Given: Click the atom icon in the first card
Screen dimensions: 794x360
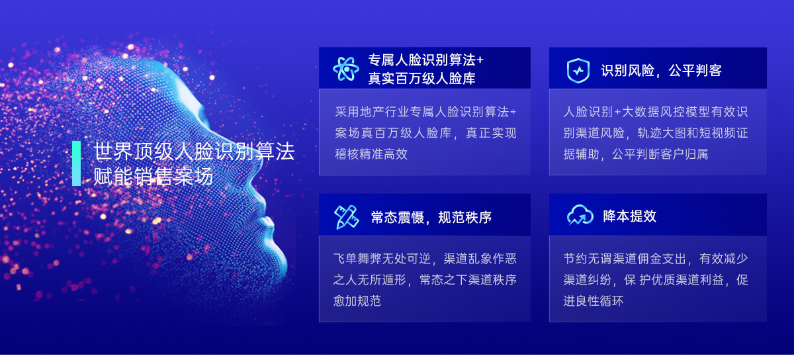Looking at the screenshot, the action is (x=346, y=69).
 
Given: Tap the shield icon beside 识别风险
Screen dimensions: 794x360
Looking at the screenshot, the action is (x=578, y=70).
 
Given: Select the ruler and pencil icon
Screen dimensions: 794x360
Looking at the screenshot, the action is (x=346, y=216).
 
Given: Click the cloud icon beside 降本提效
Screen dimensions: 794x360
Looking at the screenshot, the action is (x=580, y=215).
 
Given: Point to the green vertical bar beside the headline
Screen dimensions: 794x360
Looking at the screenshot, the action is (x=76, y=163).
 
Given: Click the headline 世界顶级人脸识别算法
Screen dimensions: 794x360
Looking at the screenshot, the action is (x=194, y=152).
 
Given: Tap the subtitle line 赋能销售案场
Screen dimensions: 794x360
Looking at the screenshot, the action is (x=153, y=176).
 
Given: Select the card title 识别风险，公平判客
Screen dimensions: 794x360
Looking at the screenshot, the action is (x=662, y=71).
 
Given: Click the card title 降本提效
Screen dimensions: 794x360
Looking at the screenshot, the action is (x=630, y=216).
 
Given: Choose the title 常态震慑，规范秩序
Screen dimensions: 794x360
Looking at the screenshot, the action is (x=431, y=218).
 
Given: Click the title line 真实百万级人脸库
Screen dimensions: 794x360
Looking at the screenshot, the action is (x=422, y=78).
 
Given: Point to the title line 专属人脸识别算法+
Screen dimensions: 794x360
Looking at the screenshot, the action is (x=426, y=60).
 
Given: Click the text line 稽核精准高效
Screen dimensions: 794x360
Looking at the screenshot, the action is (x=371, y=154).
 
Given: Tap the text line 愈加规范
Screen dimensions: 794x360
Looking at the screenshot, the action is (x=357, y=300).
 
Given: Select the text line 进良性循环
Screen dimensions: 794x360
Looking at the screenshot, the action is (x=594, y=300).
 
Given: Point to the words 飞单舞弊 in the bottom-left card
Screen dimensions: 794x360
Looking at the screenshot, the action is (x=357, y=259).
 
